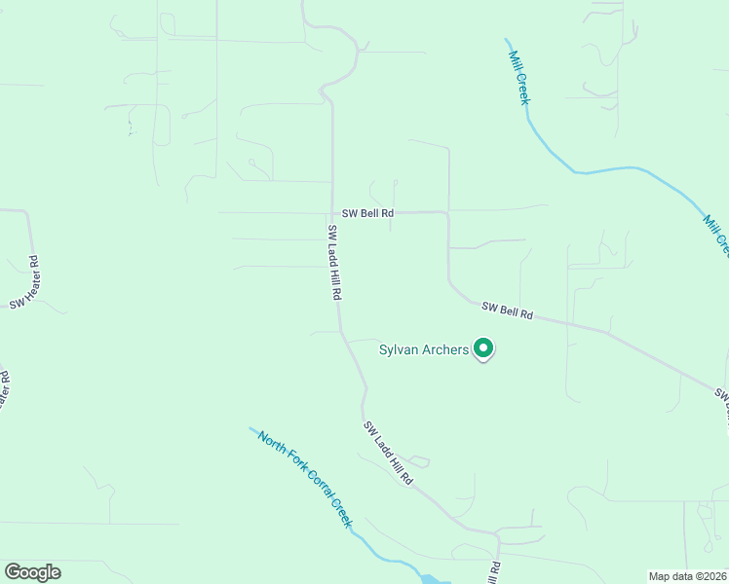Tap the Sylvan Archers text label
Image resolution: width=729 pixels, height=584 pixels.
click(424, 350)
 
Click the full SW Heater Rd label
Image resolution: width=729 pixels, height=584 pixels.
click(24, 282)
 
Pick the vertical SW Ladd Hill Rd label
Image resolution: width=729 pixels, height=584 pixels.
click(334, 261)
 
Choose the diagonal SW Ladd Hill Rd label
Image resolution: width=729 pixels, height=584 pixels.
click(388, 454)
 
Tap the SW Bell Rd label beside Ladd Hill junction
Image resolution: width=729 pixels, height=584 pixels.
click(367, 213)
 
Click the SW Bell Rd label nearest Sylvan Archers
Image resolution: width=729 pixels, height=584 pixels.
click(508, 311)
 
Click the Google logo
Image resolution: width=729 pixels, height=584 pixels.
click(32, 572)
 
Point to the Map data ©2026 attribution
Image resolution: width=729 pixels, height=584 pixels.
click(687, 576)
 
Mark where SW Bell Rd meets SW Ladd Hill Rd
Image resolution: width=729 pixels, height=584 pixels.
click(333, 212)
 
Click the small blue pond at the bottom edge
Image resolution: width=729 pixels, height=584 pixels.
click(429, 579)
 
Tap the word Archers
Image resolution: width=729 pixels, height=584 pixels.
click(446, 350)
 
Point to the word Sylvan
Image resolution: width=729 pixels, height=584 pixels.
click(400, 350)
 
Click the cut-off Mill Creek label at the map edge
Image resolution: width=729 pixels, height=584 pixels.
click(716, 237)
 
